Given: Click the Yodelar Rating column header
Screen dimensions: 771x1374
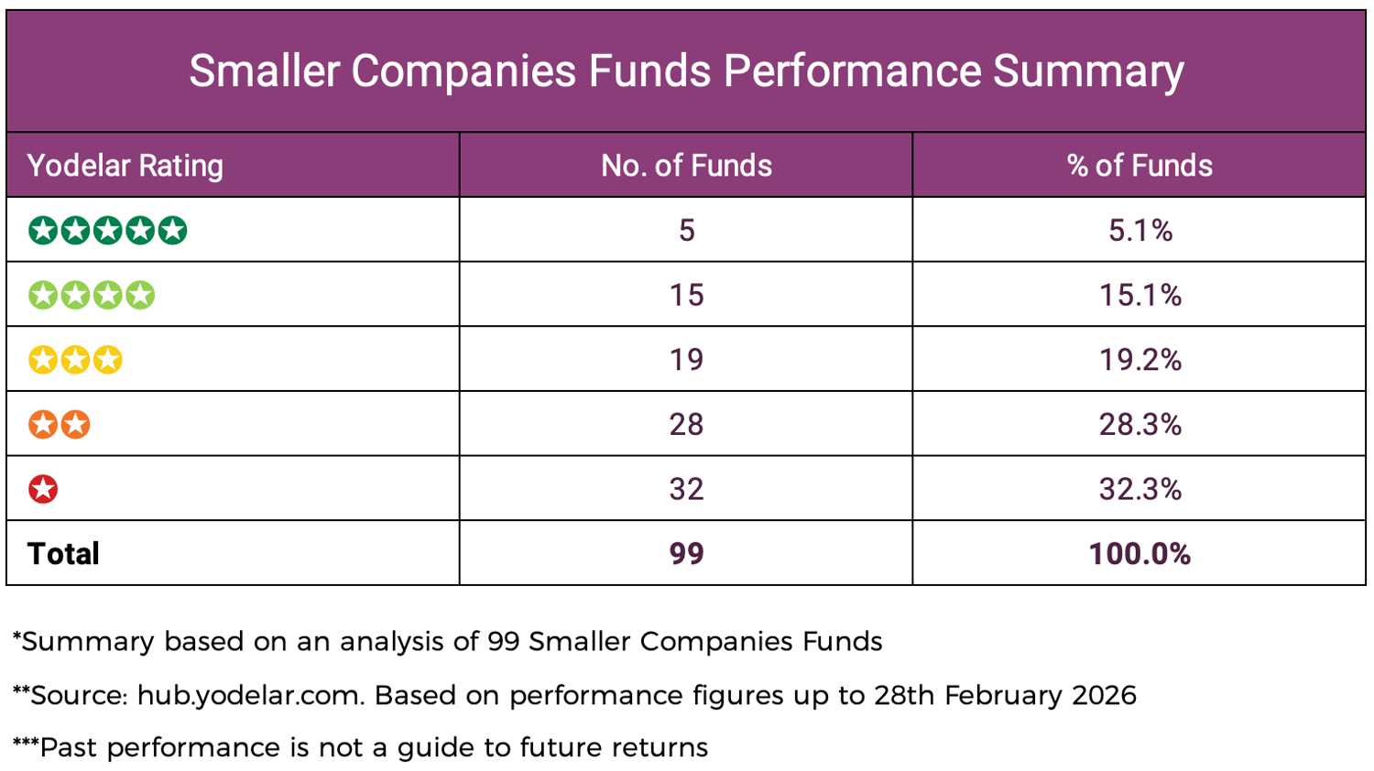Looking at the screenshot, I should point(125,166).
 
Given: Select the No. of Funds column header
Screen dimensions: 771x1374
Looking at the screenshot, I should point(686,166).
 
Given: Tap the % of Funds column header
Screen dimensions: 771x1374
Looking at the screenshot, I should point(1140,166).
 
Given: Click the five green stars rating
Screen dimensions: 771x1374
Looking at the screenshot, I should point(108,230).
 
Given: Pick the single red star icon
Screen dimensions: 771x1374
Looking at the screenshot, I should point(43,489).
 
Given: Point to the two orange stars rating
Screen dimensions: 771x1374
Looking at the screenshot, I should point(60,425).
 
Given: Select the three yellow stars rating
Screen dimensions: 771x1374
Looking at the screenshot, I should point(75,360).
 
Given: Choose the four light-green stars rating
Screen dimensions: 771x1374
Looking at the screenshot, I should point(92,295).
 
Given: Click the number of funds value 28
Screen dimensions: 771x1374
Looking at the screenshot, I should point(686,425).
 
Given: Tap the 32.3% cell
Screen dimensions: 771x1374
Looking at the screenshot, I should point(1140,489).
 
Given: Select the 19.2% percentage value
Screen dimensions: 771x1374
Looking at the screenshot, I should point(1140,360).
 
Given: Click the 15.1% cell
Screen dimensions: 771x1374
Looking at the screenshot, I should point(1140,295).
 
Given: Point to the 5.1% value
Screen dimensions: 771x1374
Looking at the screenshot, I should point(1140,230).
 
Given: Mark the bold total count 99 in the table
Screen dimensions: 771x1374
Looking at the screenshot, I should point(686,554).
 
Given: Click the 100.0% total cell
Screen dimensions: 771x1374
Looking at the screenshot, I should point(1140,554).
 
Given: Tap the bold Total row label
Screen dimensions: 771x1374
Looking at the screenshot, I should point(63,554).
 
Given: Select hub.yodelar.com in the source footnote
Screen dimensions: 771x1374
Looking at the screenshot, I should point(249,696).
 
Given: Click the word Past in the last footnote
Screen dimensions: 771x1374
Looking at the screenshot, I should point(69,748).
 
